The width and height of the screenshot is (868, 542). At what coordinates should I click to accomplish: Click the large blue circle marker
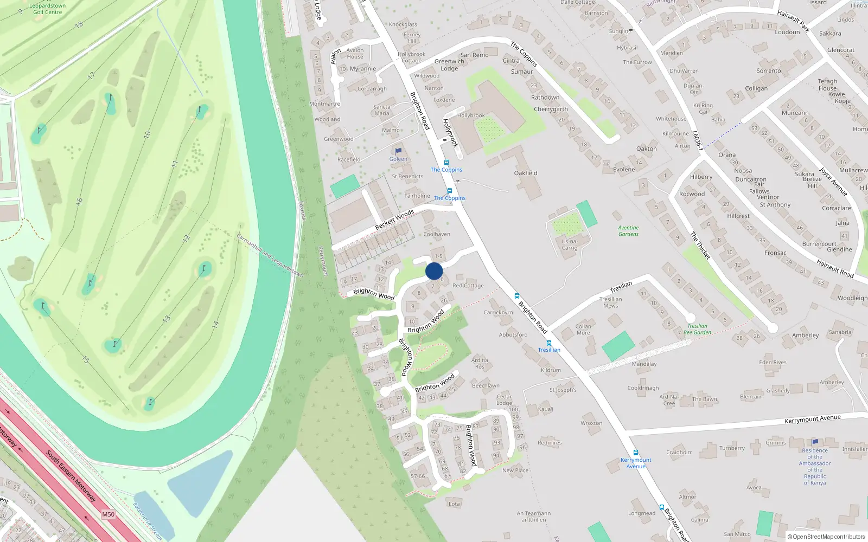coord(434,271)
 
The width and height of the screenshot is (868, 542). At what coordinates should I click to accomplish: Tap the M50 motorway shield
coord(108,514)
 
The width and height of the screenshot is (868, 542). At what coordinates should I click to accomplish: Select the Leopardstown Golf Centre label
coord(48,9)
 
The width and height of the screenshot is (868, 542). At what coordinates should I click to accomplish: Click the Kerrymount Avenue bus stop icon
coord(635,453)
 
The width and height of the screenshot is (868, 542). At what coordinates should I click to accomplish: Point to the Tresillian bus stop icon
coord(549,343)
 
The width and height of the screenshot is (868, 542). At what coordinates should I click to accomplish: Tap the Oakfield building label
coord(526,173)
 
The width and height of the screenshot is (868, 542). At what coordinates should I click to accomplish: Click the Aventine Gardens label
coord(628,231)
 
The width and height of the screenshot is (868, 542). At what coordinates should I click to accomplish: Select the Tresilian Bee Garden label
coord(697,329)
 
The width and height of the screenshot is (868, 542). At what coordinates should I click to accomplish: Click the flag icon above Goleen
coord(398,151)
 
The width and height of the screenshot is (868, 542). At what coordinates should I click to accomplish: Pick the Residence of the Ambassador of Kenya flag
coord(815,442)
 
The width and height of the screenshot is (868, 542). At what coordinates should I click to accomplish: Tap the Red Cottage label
coord(468,286)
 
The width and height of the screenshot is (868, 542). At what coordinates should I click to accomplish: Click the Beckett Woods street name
coord(394,220)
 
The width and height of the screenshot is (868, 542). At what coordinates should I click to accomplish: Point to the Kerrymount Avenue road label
coord(812,419)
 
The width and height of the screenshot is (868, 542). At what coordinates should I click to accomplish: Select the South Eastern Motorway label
coord(71,476)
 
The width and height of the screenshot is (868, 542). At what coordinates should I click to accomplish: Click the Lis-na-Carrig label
coord(570,244)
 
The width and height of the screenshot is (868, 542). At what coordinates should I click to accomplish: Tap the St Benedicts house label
coord(407,176)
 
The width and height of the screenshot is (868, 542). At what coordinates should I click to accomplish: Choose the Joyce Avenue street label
coord(833,182)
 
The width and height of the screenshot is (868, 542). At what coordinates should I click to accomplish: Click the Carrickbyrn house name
coord(498,312)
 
